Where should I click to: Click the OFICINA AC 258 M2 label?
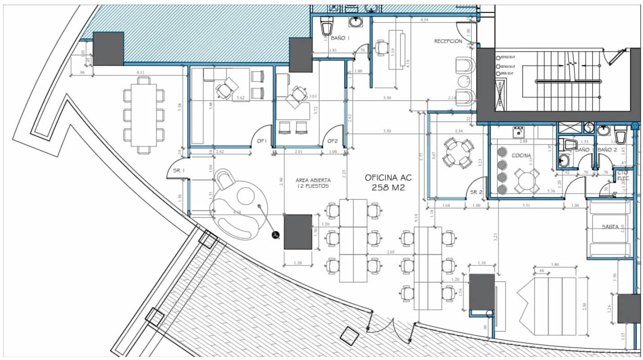(388, 182)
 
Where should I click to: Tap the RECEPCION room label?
(448, 41)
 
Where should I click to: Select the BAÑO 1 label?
(340, 38)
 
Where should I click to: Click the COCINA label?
(521, 155)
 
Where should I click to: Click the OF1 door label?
(262, 141)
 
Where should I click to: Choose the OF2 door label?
(332, 141)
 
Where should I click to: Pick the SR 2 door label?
(476, 192)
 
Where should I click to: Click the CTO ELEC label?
(622, 175)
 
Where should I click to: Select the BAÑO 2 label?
(607, 149)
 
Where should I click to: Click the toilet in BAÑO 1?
(326, 27)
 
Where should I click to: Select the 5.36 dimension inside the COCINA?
(550, 191)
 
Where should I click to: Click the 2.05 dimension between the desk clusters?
(390, 252)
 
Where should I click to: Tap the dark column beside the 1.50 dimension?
(298, 232)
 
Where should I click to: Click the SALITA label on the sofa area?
(610, 227)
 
